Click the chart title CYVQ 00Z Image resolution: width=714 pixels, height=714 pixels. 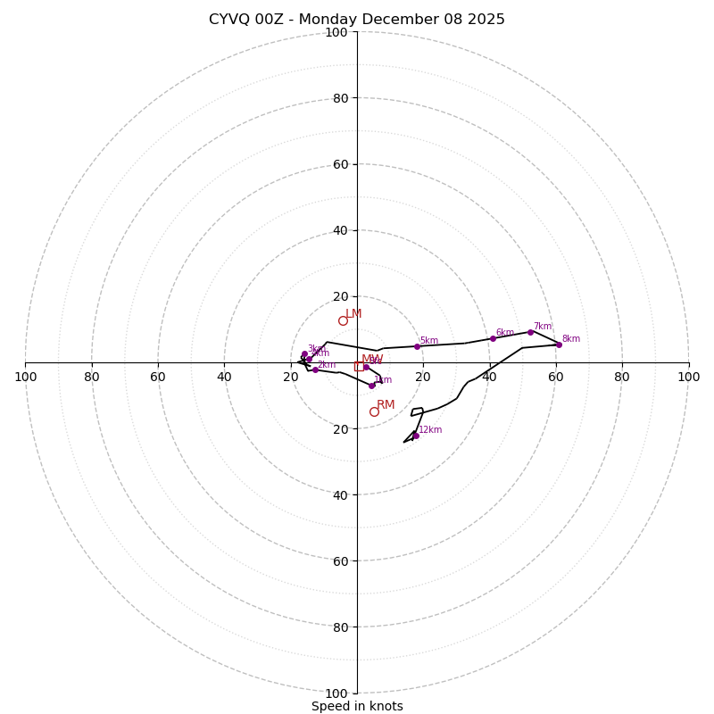(357, 20)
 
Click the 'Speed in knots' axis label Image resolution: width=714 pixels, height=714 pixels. (357, 706)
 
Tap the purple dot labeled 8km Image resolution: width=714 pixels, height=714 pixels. (559, 345)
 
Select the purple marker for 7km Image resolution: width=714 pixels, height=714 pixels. (530, 332)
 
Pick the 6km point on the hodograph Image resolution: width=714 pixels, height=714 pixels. (493, 338)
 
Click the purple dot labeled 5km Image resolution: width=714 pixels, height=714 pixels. (417, 346)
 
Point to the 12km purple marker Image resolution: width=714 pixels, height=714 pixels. (416, 436)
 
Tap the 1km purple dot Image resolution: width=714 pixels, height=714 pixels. (372, 386)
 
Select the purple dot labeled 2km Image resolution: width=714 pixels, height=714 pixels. (315, 369)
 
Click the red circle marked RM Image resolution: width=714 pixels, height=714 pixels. (374, 411)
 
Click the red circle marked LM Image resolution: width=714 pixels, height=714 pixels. (343, 320)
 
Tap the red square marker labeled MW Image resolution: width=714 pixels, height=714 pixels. (359, 366)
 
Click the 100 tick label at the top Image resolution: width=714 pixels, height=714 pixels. (336, 32)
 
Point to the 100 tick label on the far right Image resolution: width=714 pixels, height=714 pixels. (688, 377)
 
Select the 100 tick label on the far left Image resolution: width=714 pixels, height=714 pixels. (25, 377)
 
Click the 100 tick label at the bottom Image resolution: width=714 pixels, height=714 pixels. (336, 693)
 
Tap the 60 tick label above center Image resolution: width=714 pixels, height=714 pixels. (339, 164)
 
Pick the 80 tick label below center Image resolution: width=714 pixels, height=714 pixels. (339, 627)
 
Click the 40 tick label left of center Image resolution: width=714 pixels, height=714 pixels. (224, 377)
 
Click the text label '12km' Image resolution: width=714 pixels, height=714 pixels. (430, 430)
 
